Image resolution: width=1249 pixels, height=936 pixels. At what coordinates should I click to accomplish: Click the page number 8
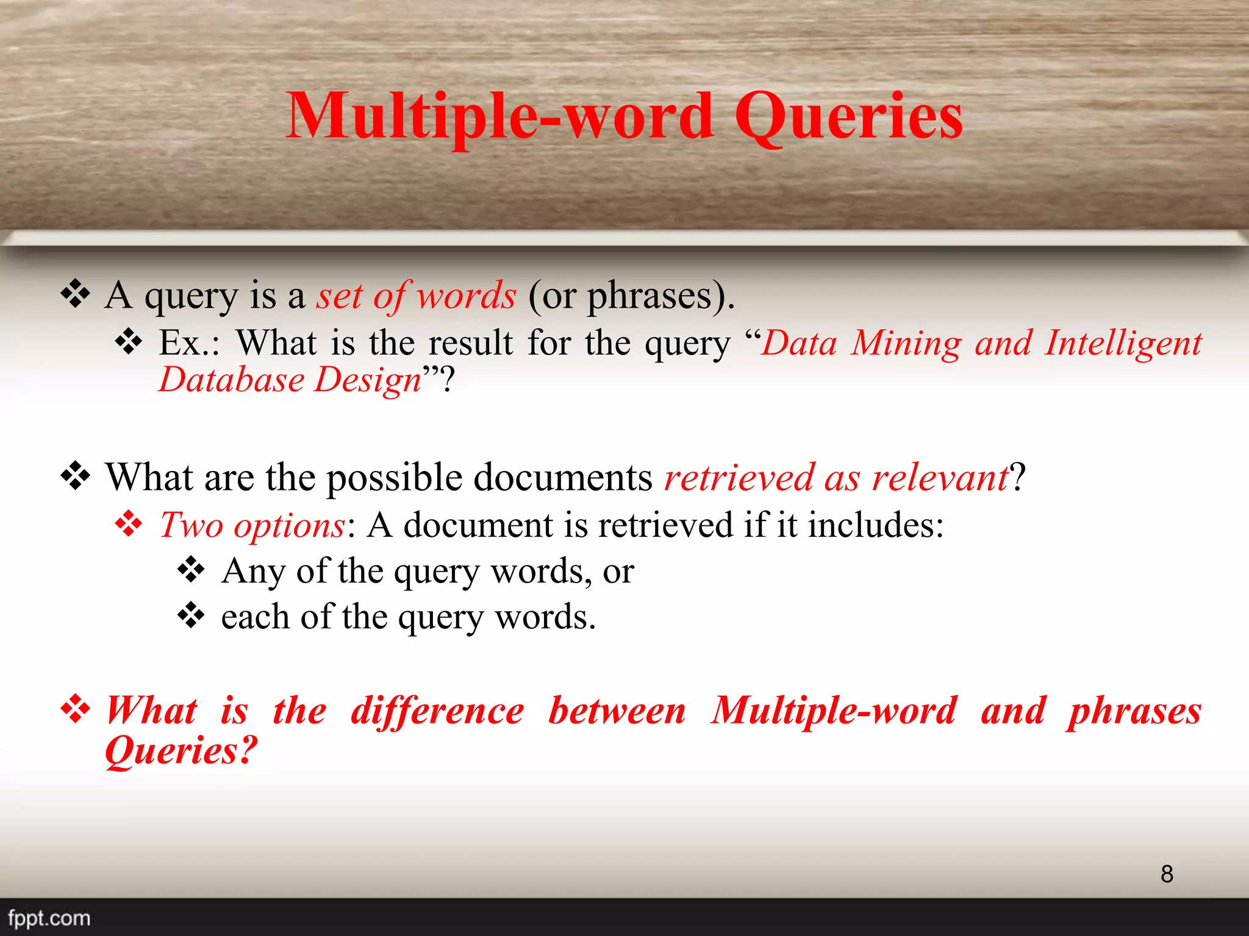(x=1167, y=874)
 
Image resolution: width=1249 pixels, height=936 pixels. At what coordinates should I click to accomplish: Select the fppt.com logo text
(x=49, y=918)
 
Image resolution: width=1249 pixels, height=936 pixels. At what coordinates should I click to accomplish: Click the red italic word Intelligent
(x=1123, y=342)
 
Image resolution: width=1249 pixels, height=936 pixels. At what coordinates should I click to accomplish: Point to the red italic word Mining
(x=906, y=342)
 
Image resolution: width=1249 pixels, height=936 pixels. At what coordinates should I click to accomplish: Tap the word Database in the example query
(x=231, y=380)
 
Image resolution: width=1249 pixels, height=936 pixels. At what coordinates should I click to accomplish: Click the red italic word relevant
(x=940, y=477)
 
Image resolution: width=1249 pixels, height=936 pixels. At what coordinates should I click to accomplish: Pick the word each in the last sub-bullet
(x=255, y=617)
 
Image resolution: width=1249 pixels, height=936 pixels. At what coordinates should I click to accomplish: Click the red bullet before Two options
(x=129, y=524)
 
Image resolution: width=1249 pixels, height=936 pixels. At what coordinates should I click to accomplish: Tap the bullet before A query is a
(x=76, y=294)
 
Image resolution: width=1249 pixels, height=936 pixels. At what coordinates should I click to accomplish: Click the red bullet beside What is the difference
(x=76, y=709)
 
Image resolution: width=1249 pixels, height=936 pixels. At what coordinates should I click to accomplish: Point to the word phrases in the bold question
(x=1134, y=712)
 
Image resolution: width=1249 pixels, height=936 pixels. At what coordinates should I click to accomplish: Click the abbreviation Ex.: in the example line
(x=189, y=342)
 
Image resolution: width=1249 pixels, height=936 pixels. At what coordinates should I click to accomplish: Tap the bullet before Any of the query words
(x=191, y=570)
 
